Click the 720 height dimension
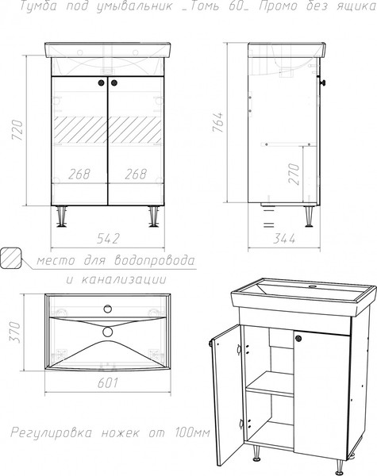17,131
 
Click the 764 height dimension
217,122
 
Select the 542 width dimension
108,239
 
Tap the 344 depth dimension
283,239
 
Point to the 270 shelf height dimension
294,175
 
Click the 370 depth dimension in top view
15,332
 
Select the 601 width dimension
107,383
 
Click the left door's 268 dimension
79,175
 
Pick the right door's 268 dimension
136,175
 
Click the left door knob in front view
102,83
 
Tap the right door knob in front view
114,83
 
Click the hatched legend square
11,258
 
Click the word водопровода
155,261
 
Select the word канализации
124,279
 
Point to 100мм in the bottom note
192,432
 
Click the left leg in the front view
63,217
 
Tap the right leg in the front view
154,217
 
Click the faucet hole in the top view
107,309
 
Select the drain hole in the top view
107,331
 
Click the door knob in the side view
323,83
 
